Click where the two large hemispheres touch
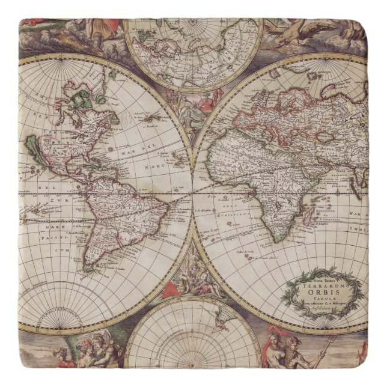[194, 192]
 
